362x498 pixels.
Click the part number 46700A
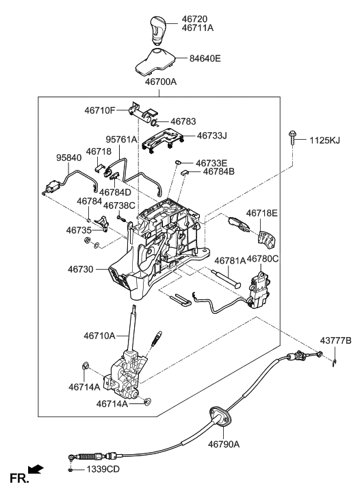click(161, 82)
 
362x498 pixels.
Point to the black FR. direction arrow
click(35, 470)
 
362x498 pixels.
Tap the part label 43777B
click(336, 340)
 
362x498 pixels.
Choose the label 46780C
click(263, 260)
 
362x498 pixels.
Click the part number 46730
click(81, 271)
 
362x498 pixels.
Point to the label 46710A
click(100, 336)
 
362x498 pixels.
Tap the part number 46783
click(184, 121)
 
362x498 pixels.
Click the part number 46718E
click(262, 213)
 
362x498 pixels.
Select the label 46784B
click(218, 172)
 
